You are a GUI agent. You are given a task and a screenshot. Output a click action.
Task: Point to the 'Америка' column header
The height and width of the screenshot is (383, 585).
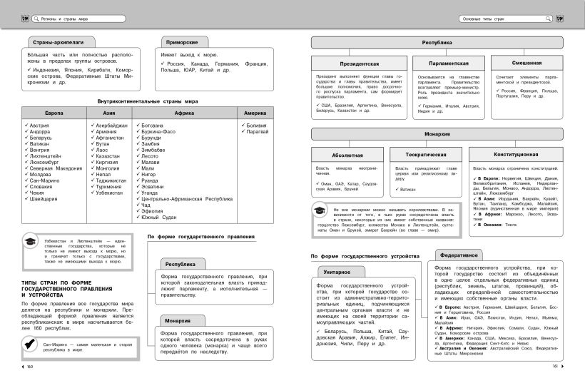coord(255,113)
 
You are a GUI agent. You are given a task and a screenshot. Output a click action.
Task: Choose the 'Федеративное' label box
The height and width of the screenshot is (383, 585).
coord(458,254)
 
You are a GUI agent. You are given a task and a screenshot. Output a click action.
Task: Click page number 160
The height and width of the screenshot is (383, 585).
coord(30,367)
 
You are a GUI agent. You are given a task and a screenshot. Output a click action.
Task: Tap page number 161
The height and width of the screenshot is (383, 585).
coord(554,367)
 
